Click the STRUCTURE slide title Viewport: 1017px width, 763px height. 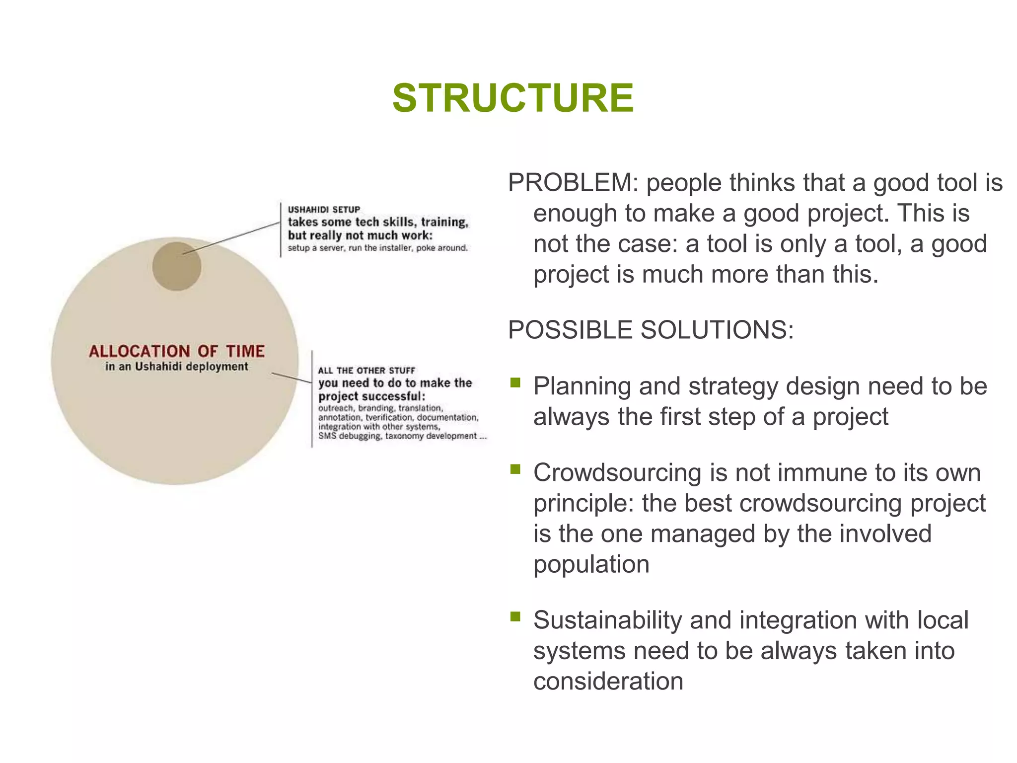click(513, 98)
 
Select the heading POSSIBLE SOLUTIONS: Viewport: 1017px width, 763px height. click(651, 330)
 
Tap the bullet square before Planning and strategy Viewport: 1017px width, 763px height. click(515, 382)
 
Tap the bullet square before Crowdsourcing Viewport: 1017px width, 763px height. click(515, 469)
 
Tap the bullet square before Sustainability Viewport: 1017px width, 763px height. click(515, 617)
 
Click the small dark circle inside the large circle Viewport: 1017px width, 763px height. click(176, 267)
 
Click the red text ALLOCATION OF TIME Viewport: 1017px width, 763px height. click(177, 351)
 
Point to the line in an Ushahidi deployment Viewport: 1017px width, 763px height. click(177, 367)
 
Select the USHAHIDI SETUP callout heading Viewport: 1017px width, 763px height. click(324, 210)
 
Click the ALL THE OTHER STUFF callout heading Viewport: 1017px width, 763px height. click(366, 371)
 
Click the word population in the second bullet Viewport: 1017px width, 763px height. click(591, 565)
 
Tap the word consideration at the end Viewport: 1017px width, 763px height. click(608, 682)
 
